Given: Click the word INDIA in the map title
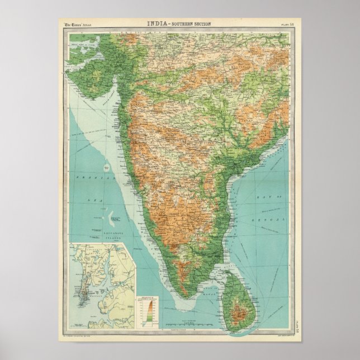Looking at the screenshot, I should [x=157, y=23].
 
